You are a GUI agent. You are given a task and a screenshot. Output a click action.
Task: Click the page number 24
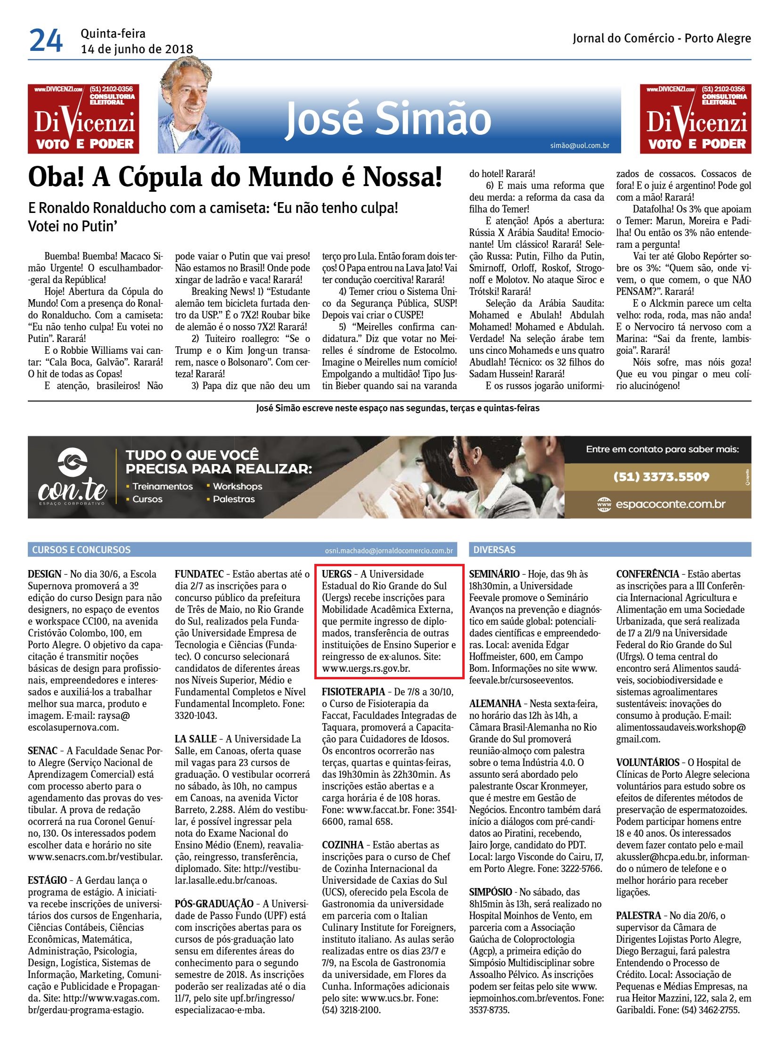coord(46,41)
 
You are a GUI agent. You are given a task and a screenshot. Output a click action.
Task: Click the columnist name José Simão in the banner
coord(388,119)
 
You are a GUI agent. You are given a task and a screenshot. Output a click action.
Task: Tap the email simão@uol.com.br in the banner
coord(580,146)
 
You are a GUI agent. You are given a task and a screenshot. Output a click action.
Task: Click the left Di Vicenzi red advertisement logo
coord(83,119)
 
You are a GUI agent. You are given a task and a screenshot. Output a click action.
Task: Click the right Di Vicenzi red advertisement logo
coord(696,119)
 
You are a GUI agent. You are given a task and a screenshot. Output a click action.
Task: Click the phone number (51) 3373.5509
coord(661,476)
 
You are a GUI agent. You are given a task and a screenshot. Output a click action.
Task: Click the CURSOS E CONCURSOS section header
coord(82,550)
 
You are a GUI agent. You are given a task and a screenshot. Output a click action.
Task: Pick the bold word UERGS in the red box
coord(336,574)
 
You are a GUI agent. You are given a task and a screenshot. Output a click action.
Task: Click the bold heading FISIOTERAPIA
coord(353,692)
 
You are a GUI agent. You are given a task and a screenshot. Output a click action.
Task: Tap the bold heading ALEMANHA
coord(495,704)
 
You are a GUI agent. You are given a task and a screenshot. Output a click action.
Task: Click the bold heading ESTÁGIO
coord(47,880)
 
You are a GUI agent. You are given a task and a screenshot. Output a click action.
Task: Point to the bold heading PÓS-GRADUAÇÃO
coord(214,904)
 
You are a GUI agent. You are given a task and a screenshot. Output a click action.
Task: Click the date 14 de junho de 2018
coord(137,49)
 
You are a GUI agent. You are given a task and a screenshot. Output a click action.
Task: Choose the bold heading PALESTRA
coord(639,915)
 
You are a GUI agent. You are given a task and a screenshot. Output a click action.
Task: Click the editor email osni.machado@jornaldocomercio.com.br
coord(388,551)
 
